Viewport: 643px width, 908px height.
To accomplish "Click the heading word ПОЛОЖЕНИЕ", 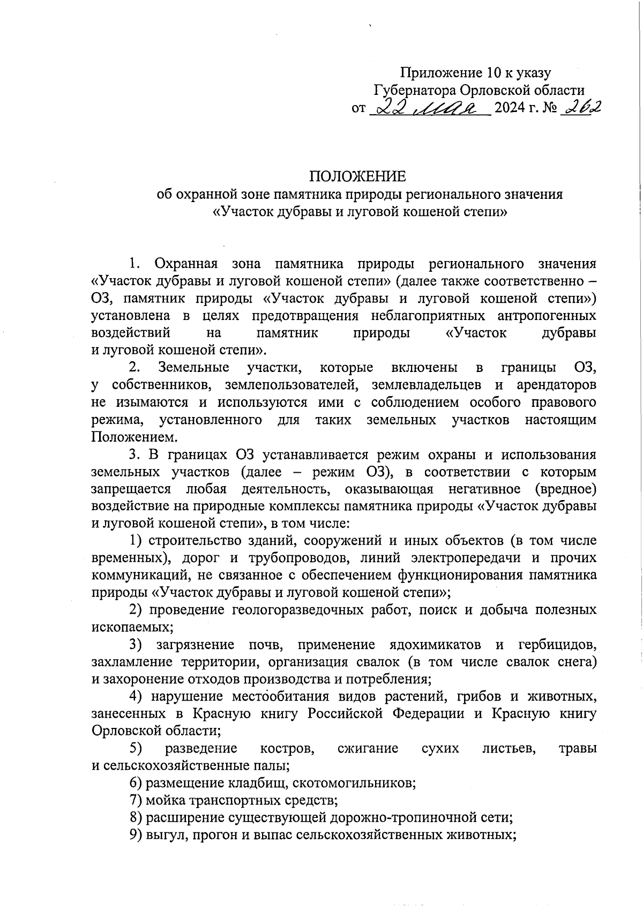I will coord(357,176).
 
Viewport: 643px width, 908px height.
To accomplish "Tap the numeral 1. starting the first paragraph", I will coord(134,264).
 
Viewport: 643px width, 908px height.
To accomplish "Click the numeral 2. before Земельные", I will coord(135,368).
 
